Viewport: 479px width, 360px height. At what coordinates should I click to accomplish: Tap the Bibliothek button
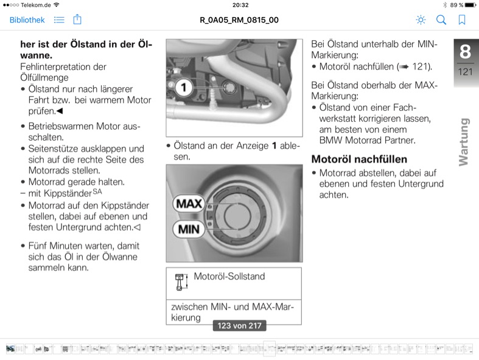(27, 20)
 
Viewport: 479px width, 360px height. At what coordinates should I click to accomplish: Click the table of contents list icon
(59, 20)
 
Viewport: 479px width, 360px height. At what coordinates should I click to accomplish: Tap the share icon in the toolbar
(77, 19)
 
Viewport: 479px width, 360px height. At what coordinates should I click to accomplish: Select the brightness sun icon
(421, 20)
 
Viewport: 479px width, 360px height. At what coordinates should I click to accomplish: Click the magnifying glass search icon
(441, 20)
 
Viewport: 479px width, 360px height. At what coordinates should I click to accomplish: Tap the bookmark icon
(462, 20)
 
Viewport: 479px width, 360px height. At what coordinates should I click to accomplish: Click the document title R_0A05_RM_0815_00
(239, 20)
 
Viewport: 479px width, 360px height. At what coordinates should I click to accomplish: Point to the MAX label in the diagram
(189, 203)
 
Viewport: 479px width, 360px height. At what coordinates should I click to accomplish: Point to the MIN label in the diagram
(189, 229)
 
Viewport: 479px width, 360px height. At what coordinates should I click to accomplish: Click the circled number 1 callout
(183, 88)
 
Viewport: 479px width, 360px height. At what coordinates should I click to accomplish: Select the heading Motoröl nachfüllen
(359, 159)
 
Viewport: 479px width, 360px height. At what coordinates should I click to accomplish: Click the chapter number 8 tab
(465, 51)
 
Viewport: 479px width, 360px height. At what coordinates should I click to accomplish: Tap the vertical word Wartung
(464, 142)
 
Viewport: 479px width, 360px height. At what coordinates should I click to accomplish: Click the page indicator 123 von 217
(240, 325)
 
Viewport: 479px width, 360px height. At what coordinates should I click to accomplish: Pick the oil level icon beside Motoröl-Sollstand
(181, 281)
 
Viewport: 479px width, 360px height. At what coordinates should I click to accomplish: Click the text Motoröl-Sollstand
(229, 276)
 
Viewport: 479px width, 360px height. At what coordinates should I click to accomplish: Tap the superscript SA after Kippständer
(97, 191)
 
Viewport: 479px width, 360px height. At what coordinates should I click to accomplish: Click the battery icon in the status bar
(470, 5)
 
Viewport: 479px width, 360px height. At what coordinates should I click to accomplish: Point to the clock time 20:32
(240, 5)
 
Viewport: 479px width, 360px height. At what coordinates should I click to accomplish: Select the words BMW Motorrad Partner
(368, 140)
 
